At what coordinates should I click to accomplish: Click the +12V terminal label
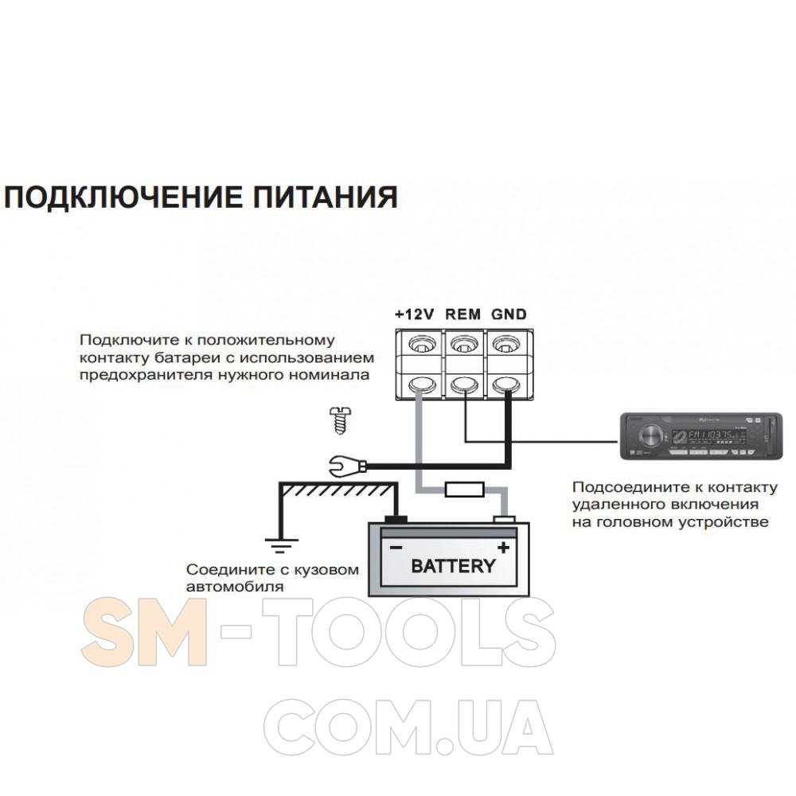coord(414,314)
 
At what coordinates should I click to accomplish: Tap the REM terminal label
coord(462,314)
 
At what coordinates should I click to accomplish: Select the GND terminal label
coord(509,314)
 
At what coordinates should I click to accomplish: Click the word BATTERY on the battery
coord(452,567)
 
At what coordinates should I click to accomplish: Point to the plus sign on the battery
coord(502,548)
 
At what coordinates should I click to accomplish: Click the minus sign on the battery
coord(396,548)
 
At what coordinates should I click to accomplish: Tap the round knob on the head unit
coord(650,435)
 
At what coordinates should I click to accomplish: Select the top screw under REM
coord(462,345)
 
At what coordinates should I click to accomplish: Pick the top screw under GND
coord(505,345)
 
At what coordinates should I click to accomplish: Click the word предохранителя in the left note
coord(146,375)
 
